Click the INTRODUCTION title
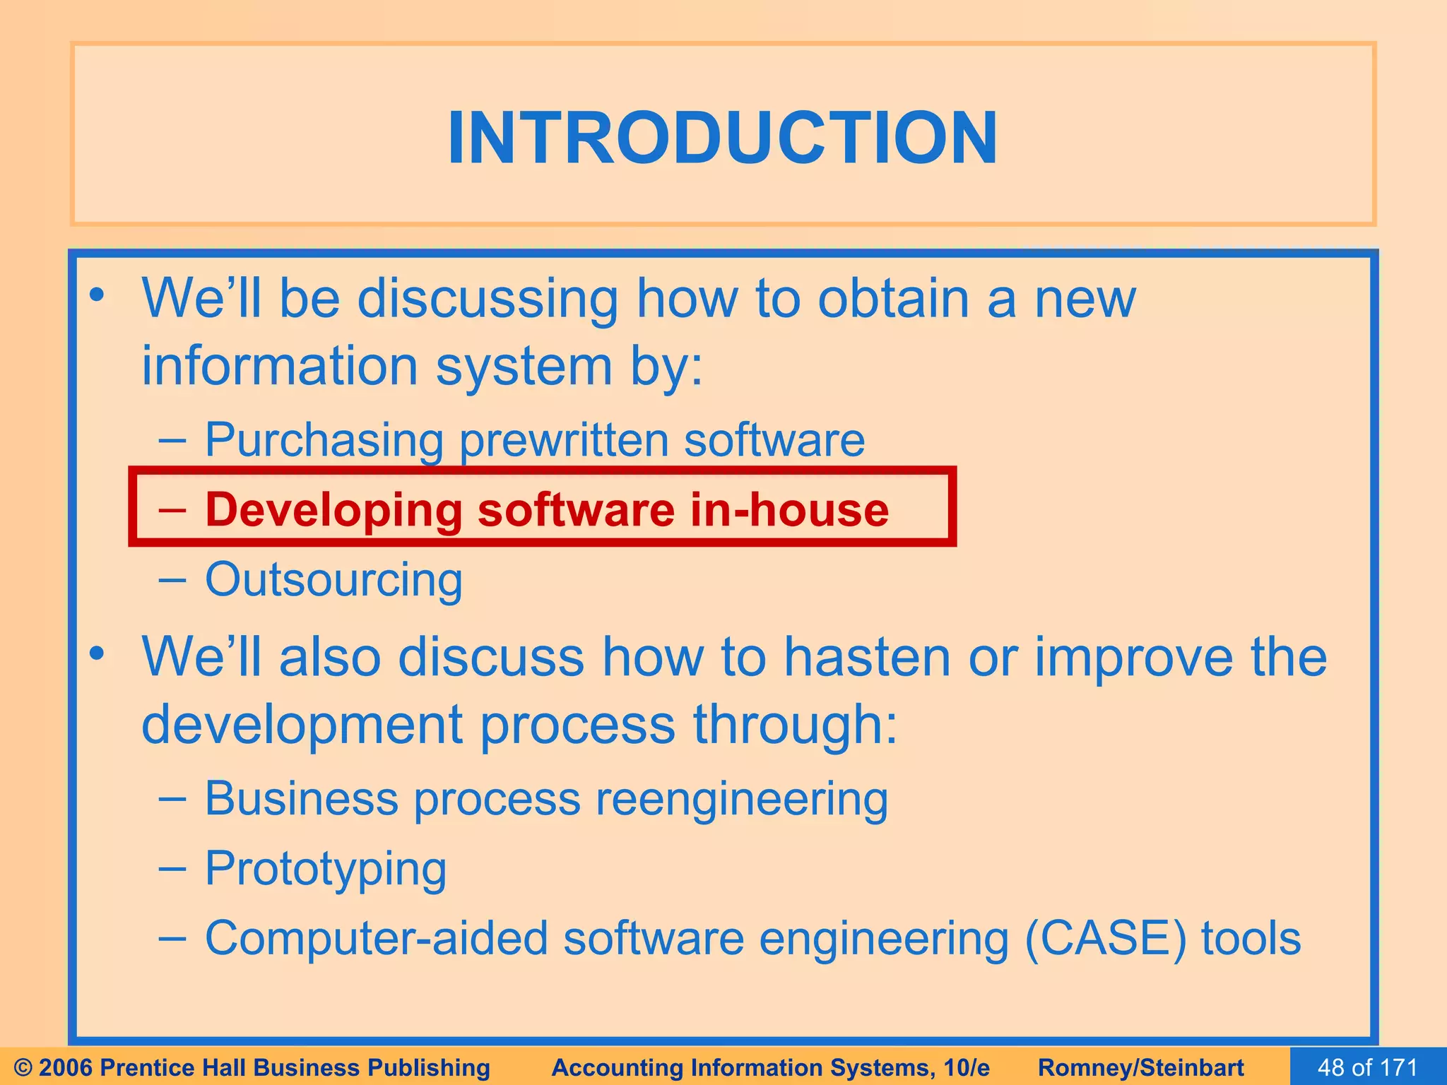coord(722,138)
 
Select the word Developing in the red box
coord(332,510)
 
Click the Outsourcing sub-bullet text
coord(333,580)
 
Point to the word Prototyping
coord(325,869)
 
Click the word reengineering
coord(741,800)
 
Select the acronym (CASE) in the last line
coord(1105,939)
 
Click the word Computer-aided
coord(377,939)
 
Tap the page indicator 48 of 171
coord(1367,1067)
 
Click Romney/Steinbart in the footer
coord(1140,1067)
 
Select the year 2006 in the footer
coord(66,1067)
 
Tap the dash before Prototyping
coord(172,868)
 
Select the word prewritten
coord(563,440)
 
